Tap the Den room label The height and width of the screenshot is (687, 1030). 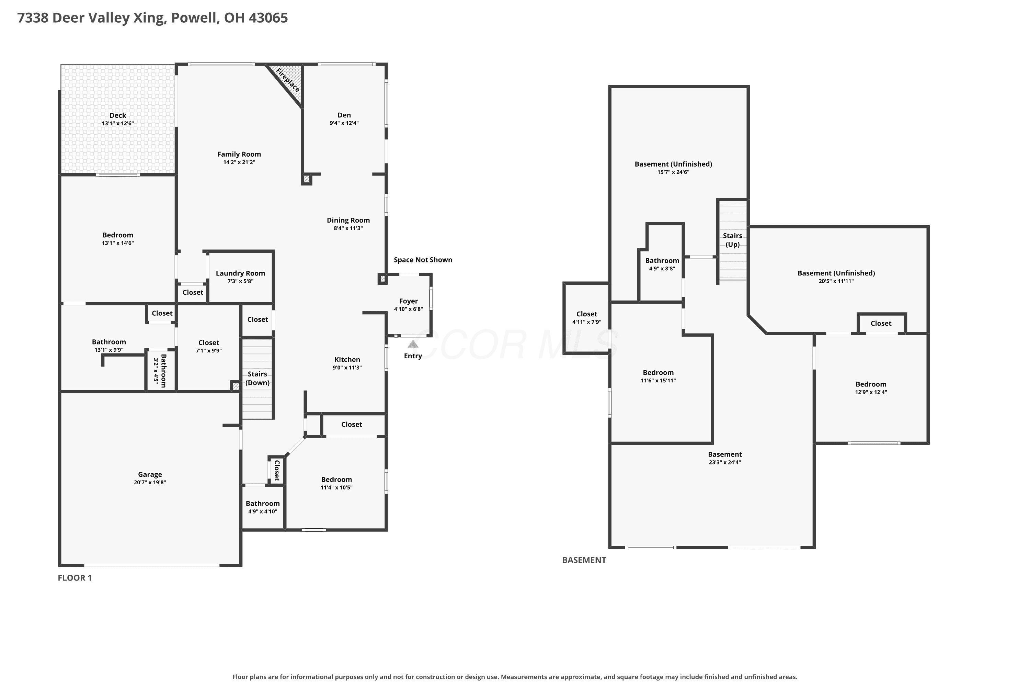point(344,115)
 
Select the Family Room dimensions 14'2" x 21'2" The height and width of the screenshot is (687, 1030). point(239,162)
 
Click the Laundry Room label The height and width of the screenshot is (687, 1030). point(240,273)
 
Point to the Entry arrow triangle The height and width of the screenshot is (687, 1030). point(413,344)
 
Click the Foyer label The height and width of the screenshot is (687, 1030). point(409,301)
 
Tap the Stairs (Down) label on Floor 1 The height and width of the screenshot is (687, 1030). point(257,378)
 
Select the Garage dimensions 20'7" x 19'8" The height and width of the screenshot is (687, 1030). point(150,482)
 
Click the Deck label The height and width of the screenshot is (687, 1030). point(118,115)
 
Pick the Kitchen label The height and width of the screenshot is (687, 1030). point(347,360)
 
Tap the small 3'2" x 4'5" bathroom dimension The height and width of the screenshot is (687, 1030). point(156,371)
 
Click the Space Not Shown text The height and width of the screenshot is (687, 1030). point(423,260)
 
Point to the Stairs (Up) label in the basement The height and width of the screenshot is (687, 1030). point(733,240)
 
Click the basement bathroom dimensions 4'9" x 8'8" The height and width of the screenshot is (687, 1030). point(662,269)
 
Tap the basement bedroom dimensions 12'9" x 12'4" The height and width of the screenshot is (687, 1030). point(871,392)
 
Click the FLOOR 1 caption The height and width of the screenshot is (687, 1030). point(75,578)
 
